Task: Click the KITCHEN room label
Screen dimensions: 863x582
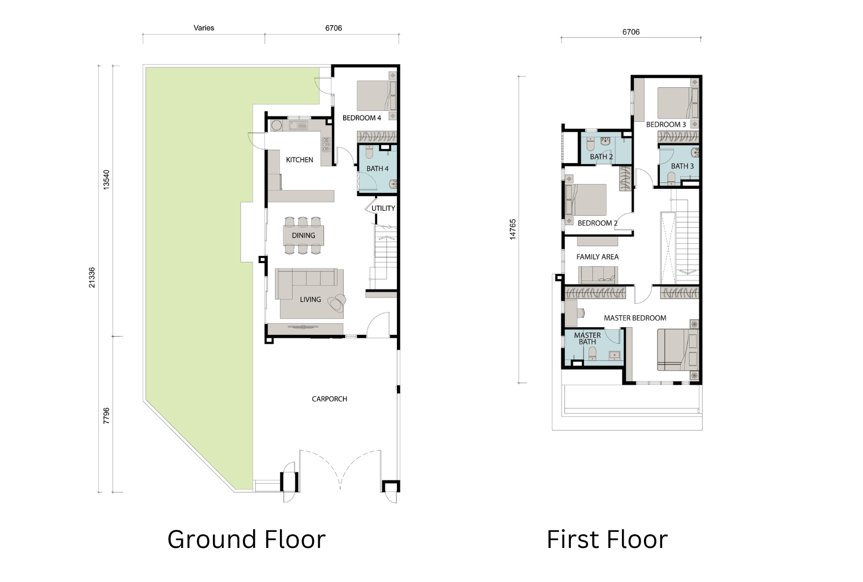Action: pos(299,160)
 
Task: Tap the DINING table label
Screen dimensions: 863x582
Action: pos(303,235)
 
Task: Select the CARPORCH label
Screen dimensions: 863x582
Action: pos(329,399)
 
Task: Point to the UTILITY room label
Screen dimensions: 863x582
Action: pos(383,208)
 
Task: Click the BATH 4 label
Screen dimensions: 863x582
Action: pos(377,169)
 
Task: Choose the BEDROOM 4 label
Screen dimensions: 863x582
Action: pos(362,118)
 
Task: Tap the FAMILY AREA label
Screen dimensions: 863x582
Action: pos(597,257)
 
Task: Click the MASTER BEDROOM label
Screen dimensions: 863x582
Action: pos(635,318)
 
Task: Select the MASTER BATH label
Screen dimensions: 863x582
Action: pos(587,338)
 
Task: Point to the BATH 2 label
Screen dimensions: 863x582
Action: pos(601,156)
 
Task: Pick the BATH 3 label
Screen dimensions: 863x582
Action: pos(682,166)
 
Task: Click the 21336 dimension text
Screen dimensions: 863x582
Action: pos(92,277)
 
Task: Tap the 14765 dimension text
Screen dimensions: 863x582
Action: pos(512,230)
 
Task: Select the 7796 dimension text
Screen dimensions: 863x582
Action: pos(107,416)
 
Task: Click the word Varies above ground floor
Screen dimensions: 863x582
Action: pos(204,28)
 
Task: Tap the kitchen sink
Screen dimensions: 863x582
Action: pos(298,125)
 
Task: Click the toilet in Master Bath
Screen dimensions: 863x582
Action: pos(592,353)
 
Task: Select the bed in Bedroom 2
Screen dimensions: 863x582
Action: pos(586,200)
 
